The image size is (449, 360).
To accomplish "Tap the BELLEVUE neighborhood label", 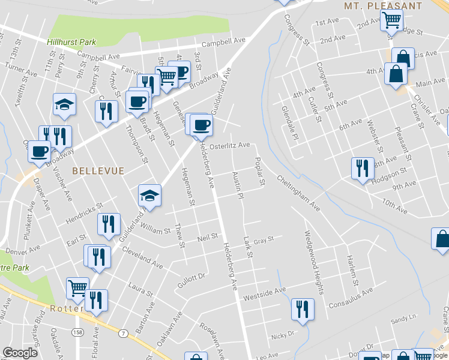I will coord(98,171).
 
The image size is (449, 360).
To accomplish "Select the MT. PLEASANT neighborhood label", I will coord(382,5).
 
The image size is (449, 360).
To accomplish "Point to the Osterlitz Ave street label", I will coord(229,145).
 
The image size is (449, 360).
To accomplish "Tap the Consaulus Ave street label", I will coord(351,293).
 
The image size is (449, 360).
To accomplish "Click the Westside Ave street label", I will coord(264,294).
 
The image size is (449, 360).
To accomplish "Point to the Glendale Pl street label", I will coord(289,122).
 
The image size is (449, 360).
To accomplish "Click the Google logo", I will coord(20,353).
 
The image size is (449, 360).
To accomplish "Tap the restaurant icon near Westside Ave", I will coord(303,309).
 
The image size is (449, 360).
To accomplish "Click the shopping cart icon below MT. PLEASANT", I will coord(391,19).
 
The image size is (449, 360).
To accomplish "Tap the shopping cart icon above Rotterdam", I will coord(77,288).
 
